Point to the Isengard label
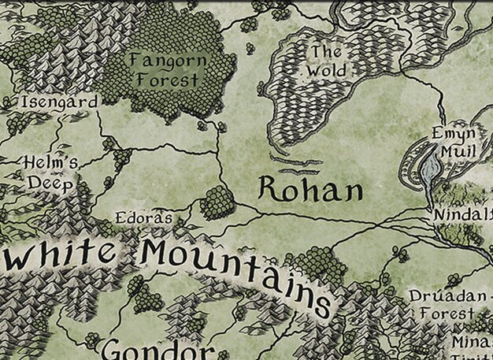(x=60, y=102)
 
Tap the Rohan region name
(x=311, y=189)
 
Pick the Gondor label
(x=158, y=349)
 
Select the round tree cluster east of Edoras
(x=217, y=202)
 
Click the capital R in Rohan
(x=270, y=188)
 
